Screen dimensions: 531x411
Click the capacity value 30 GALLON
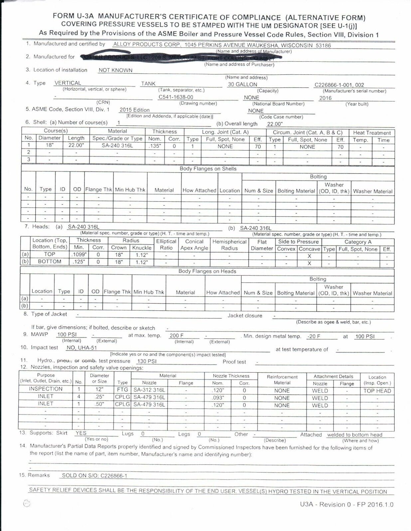242,84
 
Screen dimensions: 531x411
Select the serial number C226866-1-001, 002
339,85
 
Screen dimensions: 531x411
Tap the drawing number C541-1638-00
176,97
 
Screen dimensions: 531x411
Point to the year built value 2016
325,98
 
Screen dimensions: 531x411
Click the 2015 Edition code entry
135,110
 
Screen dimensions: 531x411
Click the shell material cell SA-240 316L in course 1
117,146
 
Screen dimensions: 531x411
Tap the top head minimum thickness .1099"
79,254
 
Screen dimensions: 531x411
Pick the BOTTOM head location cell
50,262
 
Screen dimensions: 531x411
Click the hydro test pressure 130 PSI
147,361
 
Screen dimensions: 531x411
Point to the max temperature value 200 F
177,336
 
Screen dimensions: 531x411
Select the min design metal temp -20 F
314,336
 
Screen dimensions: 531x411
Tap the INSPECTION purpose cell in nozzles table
46,389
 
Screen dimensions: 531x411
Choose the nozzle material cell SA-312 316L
149,390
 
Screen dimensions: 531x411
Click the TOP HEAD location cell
377,391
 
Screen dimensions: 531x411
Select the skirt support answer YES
81,433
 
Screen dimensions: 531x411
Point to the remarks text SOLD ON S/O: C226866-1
94,476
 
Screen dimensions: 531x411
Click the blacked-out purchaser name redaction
180,57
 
